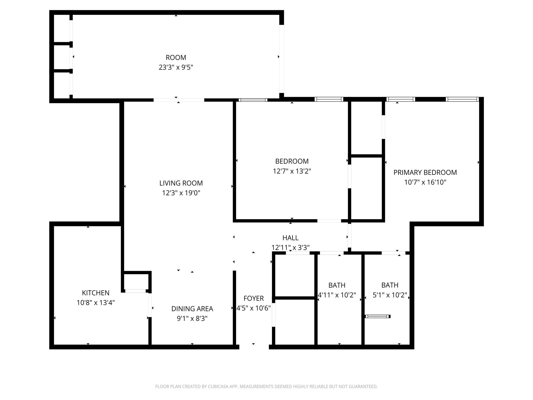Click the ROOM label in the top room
click(176, 58)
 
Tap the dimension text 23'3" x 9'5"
click(176, 67)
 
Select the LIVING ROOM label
click(181, 183)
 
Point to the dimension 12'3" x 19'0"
click(181, 193)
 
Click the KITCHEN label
click(96, 293)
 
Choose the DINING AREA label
click(192, 309)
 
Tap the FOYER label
click(253, 298)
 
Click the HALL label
click(290, 238)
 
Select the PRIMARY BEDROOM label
click(425, 172)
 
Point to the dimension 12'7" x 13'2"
click(292, 171)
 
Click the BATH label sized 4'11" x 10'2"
click(337, 285)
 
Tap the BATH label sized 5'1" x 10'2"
click(390, 285)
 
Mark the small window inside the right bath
click(378, 316)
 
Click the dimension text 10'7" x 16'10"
click(425, 182)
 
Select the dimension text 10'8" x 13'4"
click(96, 303)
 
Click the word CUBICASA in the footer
click(218, 387)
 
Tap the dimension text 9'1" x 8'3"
click(192, 318)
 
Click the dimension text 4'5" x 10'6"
click(253, 308)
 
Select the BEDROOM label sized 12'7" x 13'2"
click(292, 161)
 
